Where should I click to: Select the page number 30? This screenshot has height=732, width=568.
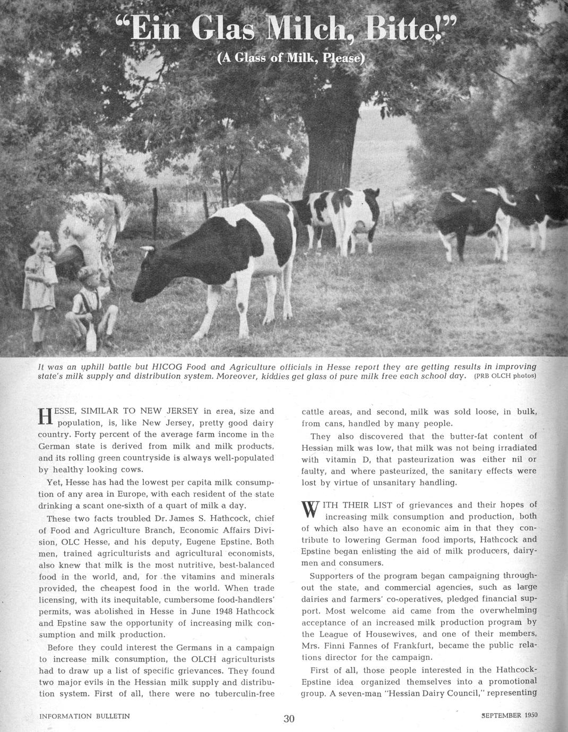[289, 719]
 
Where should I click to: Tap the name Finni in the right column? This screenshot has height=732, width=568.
[339, 646]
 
